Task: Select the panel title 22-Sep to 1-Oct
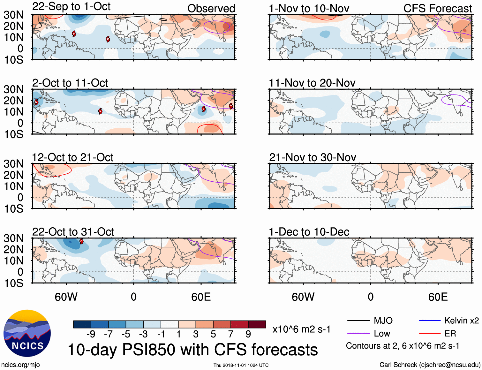click(x=71, y=7)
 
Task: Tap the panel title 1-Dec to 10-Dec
click(x=309, y=232)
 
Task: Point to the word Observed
click(x=211, y=9)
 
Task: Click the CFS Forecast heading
click(x=437, y=9)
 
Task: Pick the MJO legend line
click(x=358, y=321)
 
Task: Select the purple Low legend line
click(x=358, y=334)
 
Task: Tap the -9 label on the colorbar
click(x=91, y=334)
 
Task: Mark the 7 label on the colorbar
click(x=231, y=334)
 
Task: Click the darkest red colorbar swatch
click(x=257, y=324)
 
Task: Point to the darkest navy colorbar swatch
click(x=82, y=324)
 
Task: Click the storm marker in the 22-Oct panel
click(x=81, y=241)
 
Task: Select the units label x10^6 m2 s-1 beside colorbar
click(x=301, y=329)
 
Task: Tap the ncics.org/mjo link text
click(x=20, y=365)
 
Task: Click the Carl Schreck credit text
click(x=430, y=365)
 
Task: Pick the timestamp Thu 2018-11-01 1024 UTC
click(x=241, y=365)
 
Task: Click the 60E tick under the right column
click(x=438, y=297)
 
